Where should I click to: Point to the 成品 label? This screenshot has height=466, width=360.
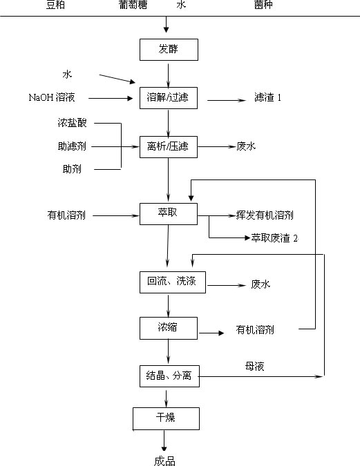pyautogui.click(x=164, y=461)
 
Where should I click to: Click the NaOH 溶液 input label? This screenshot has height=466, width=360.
pyautogui.click(x=52, y=97)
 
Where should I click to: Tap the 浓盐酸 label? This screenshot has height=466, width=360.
pyautogui.click(x=72, y=123)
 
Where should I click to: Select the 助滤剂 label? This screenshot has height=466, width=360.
pyautogui.click(x=72, y=146)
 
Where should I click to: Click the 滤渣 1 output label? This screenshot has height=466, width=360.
pyautogui.click(x=267, y=97)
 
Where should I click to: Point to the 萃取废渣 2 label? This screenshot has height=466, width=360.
pyautogui.click(x=274, y=238)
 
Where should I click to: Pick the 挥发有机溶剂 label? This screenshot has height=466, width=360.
pyautogui.click(x=265, y=215)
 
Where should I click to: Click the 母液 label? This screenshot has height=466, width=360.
pyautogui.click(x=255, y=366)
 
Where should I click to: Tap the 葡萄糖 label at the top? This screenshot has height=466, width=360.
pyautogui.click(x=133, y=5)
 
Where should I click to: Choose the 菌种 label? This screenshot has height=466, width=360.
pyautogui.click(x=263, y=5)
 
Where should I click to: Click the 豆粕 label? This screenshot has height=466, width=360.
pyautogui.click(x=56, y=5)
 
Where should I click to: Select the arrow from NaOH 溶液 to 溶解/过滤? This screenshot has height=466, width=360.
pyautogui.click(x=111, y=98)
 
